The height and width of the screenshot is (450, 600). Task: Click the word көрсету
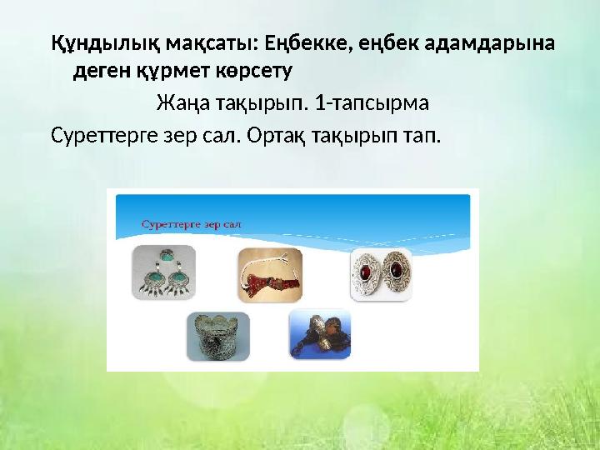(x=255, y=72)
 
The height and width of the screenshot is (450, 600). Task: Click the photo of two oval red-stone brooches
(x=381, y=273)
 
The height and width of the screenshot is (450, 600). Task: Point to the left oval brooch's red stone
(x=366, y=272)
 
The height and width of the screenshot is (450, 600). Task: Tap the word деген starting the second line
(x=97, y=72)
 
